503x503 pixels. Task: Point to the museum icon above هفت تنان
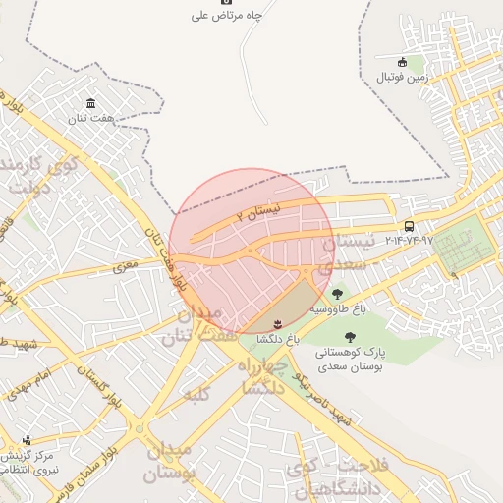pos(90,104)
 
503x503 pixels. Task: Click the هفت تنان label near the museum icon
pos(90,119)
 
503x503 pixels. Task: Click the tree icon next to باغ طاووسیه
pos(338,293)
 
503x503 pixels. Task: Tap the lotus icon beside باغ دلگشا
pos(276,323)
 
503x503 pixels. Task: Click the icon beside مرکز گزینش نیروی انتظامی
pos(27,439)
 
